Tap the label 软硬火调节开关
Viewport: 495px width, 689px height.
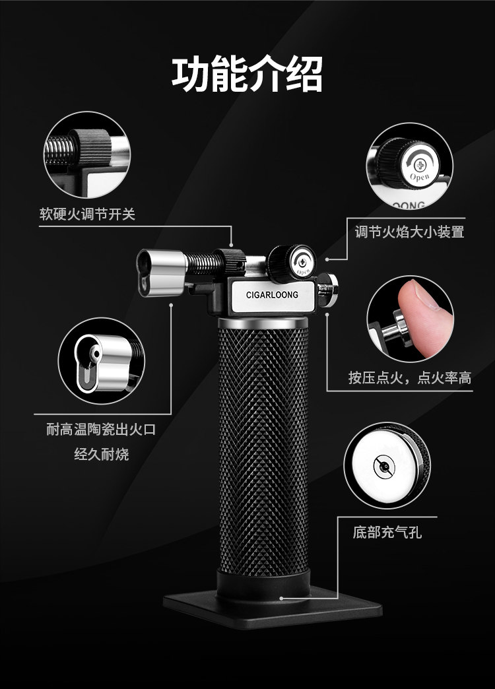87,214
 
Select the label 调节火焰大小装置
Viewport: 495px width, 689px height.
409,232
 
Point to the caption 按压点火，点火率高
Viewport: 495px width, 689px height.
410,377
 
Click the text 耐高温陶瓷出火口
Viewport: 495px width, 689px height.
101,430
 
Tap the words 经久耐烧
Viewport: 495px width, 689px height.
101,454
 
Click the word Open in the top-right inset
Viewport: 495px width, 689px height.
419,177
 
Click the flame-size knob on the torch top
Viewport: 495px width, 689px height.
290,261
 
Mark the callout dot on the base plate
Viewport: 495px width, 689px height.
282,599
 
